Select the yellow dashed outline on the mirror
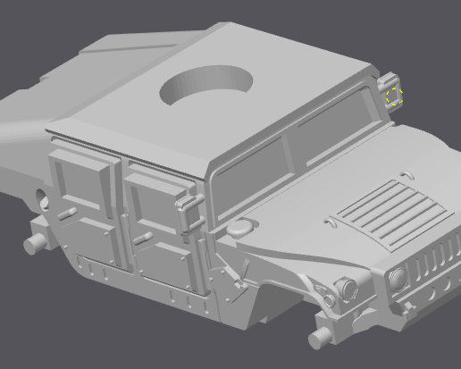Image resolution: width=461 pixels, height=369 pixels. point(394,96)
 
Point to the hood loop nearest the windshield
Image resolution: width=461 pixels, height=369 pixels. point(407,172)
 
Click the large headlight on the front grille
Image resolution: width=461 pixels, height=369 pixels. point(397,278)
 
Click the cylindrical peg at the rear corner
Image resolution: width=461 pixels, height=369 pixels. point(36,241)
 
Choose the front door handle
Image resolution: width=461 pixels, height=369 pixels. point(141,236)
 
